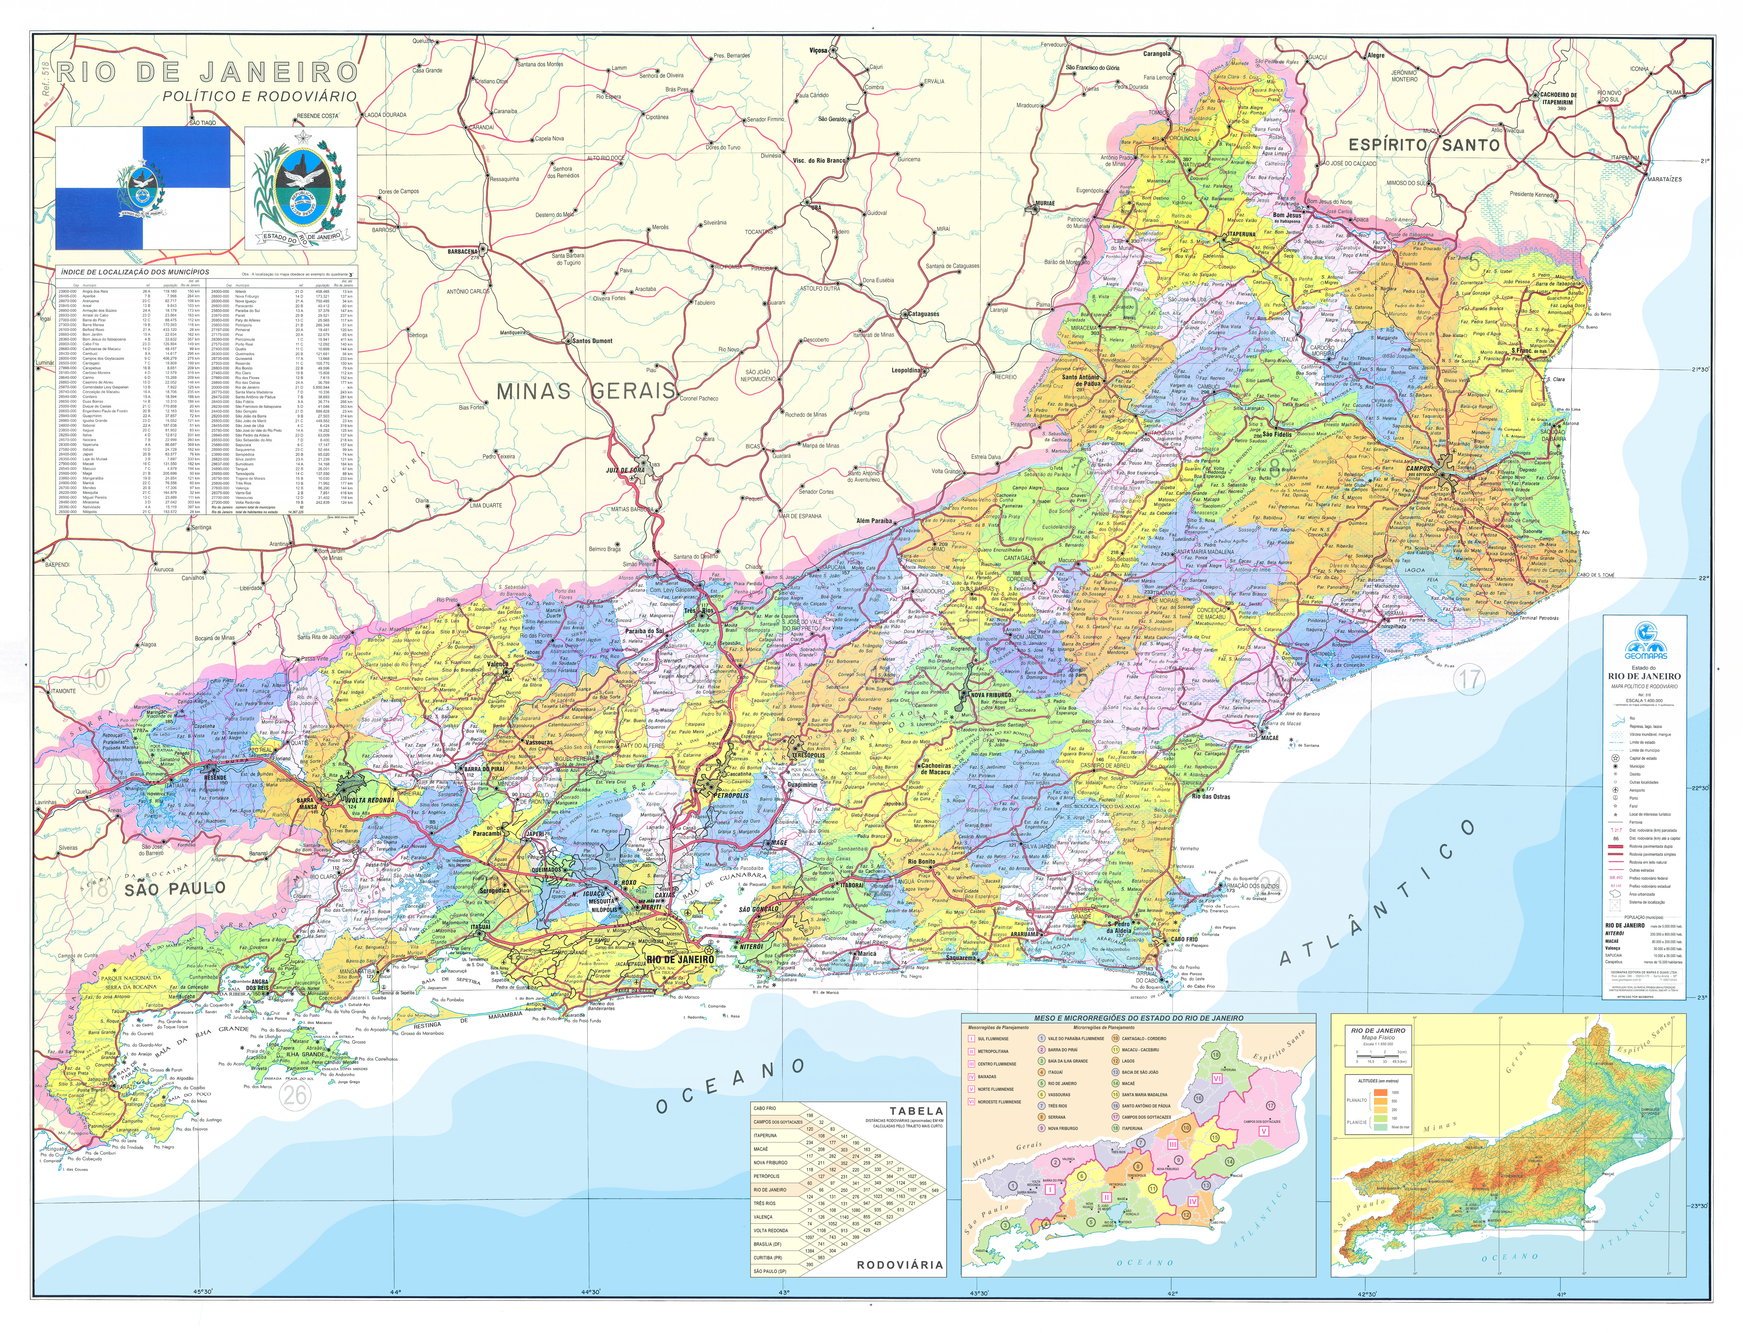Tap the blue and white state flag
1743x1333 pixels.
coord(143,188)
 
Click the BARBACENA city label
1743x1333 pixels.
coord(463,252)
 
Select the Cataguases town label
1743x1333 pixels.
coord(923,314)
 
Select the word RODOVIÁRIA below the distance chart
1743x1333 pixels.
coord(899,1265)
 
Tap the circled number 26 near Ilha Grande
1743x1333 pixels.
coord(296,1096)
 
